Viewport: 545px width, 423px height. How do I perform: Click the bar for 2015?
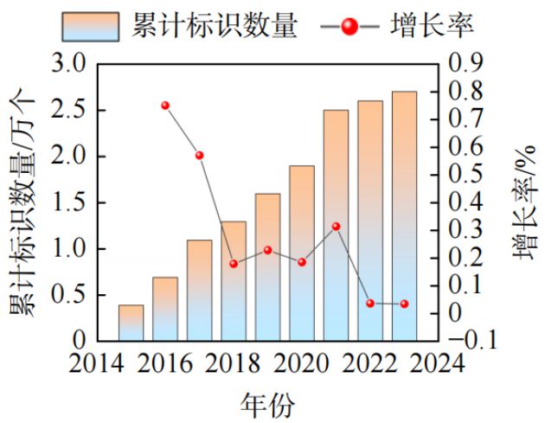131,323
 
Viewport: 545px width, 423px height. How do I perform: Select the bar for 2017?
199,290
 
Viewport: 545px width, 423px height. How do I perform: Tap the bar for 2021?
336,225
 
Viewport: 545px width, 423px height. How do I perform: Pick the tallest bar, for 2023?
404,215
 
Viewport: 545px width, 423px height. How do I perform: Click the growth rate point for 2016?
165,106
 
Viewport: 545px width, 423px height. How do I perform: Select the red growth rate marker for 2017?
199,155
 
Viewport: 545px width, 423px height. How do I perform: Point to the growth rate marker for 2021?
336,227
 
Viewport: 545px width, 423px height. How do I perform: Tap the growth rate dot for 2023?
404,304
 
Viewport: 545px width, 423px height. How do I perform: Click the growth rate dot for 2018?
234,263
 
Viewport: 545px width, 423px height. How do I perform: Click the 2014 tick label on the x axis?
96,362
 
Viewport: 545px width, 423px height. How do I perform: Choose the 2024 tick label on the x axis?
438,362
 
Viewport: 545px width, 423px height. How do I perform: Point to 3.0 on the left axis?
69,65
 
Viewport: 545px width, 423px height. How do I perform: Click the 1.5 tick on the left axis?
69,202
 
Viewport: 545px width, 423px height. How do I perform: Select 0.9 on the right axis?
466,65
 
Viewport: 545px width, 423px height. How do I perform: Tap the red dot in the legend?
349,26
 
